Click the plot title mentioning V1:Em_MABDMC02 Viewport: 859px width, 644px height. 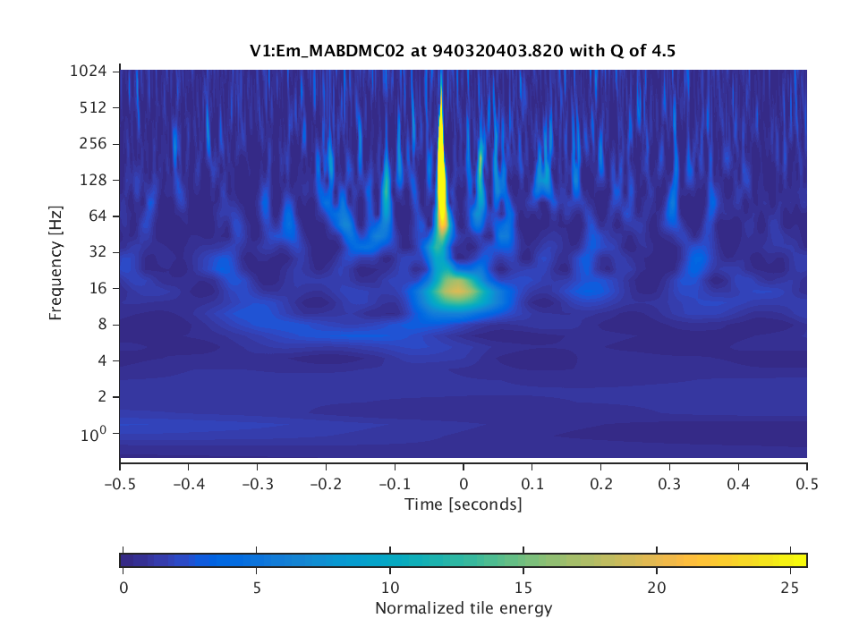coord(463,51)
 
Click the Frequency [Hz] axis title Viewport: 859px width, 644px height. coord(56,264)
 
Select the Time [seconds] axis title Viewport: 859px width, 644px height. coord(463,504)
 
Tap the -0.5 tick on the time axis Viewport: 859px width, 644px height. coord(119,483)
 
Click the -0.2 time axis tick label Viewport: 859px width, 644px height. coord(325,483)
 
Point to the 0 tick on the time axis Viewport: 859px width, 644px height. coord(464,483)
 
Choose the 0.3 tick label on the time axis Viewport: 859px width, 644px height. coord(669,483)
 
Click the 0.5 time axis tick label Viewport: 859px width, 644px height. coord(807,483)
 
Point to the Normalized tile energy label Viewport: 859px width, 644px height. coord(463,609)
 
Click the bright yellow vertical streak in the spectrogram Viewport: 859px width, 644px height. coord(440,170)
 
